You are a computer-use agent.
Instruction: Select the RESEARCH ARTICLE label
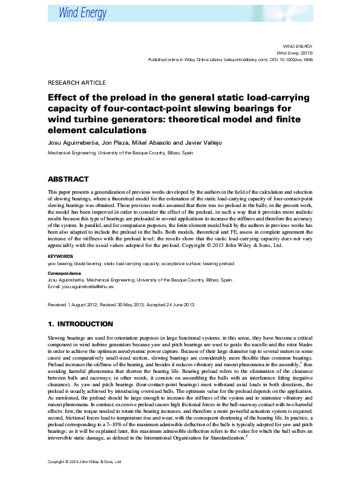click(76, 83)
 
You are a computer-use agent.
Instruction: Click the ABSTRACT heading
click(68, 179)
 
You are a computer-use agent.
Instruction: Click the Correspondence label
click(64, 274)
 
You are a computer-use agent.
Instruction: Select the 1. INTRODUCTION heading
click(80, 324)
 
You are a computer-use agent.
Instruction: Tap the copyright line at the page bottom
click(85, 478)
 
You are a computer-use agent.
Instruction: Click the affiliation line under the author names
click(120, 153)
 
